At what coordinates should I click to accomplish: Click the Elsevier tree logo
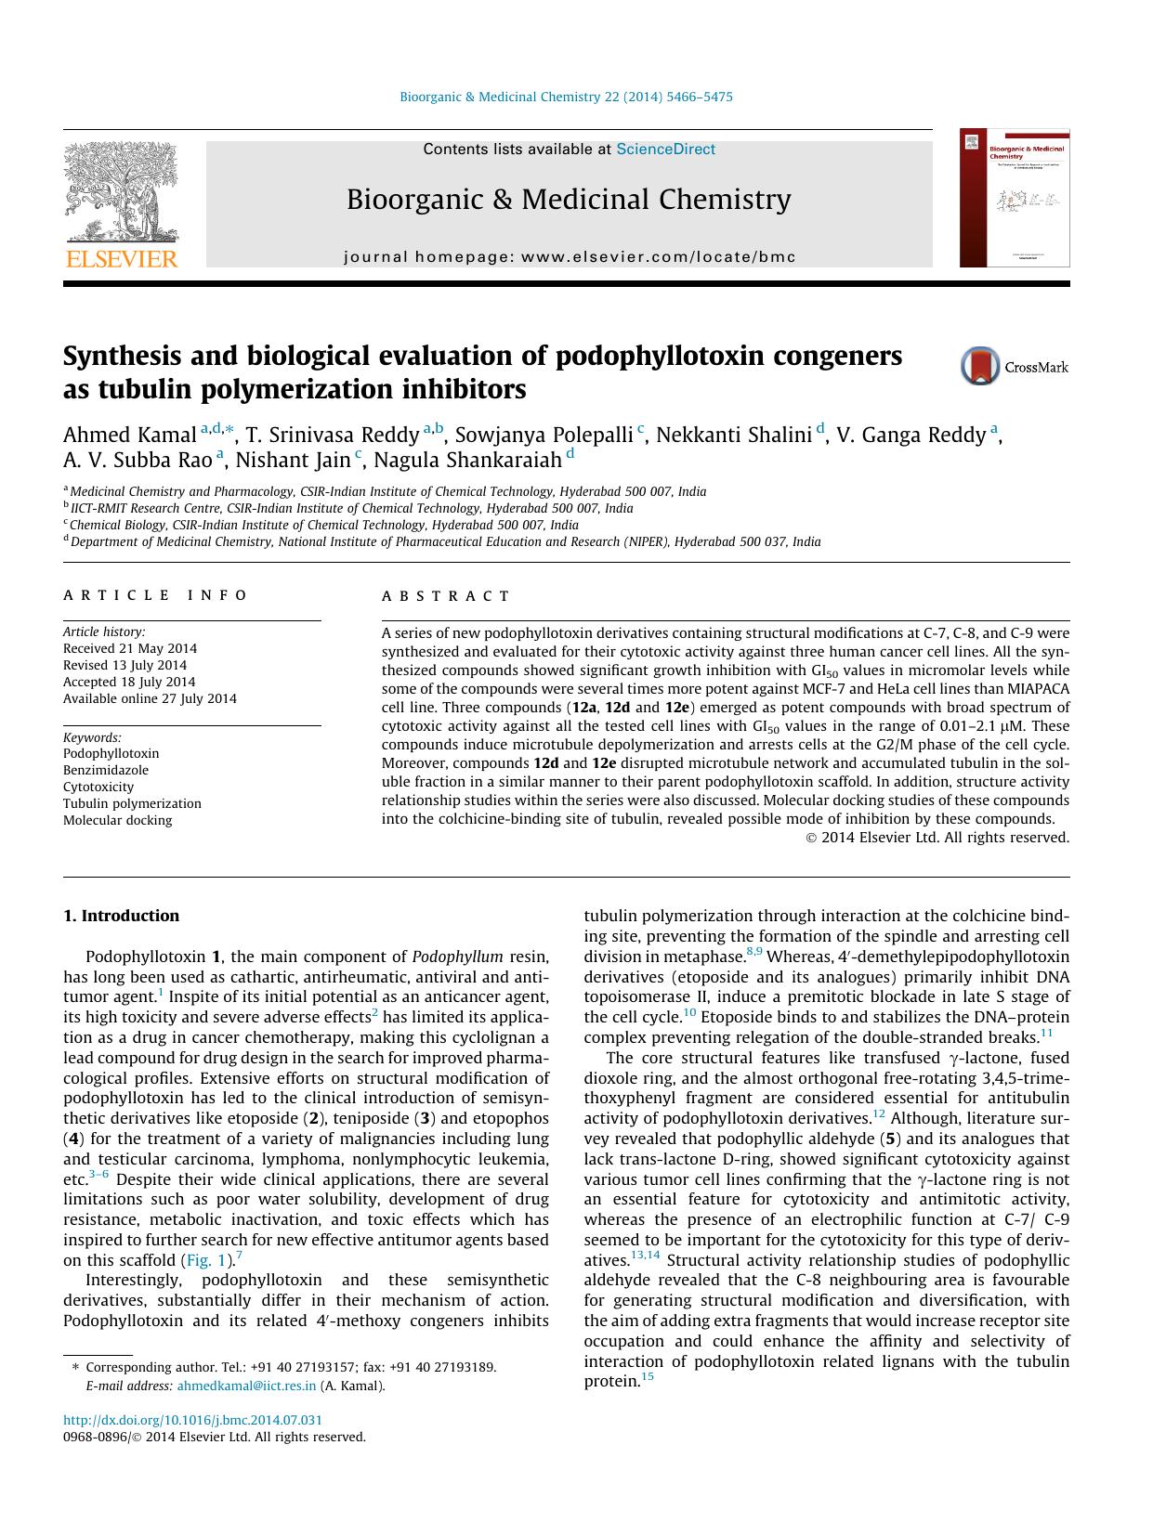(121, 194)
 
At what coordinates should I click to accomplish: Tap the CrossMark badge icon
(980, 367)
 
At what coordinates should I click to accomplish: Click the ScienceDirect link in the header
(665, 150)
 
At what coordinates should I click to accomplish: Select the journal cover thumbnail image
(1014, 198)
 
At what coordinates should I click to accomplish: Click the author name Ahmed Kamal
(130, 435)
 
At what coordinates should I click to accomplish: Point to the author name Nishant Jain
(292, 460)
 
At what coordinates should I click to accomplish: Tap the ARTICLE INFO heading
(156, 595)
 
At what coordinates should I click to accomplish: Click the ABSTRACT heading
(446, 596)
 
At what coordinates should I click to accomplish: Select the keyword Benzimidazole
(106, 770)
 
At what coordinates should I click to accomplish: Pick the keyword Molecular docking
(118, 820)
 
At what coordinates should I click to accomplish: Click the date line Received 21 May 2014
(130, 648)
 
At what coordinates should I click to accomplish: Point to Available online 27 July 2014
(150, 698)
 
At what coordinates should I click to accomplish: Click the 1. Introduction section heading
(122, 916)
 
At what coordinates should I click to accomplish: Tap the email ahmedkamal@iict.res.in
(246, 1386)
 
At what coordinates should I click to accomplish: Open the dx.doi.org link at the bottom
(193, 1420)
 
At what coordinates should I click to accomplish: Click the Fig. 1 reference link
(205, 1260)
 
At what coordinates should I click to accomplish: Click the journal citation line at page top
(566, 97)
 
